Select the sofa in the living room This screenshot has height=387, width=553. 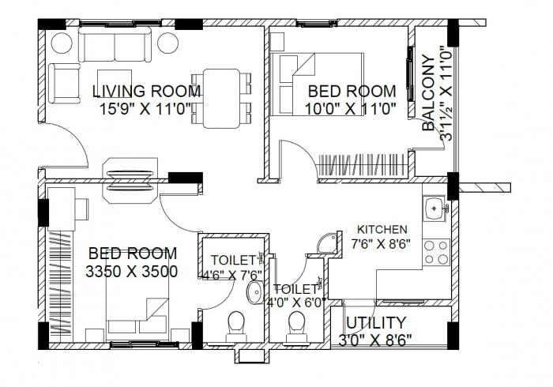[x=115, y=48]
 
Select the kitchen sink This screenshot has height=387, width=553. [x=436, y=209]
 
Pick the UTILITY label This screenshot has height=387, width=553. [x=376, y=322]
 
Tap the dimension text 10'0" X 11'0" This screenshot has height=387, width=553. [x=351, y=109]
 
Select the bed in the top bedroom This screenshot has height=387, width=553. [x=317, y=83]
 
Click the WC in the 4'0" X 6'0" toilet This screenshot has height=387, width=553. [x=297, y=325]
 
